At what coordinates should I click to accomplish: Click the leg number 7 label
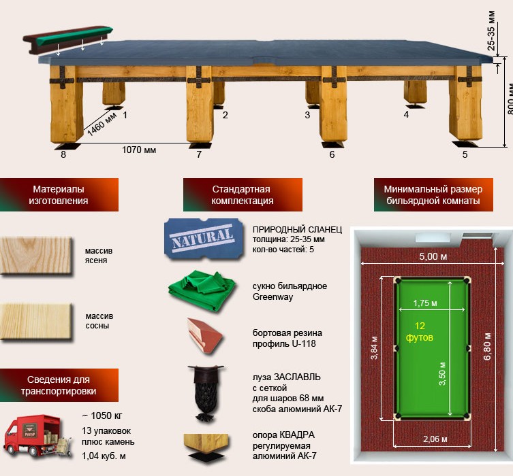[199, 154]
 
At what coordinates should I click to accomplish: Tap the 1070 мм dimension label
[139, 150]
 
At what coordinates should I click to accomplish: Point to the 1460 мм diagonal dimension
[102, 124]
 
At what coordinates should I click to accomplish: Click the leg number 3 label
[307, 115]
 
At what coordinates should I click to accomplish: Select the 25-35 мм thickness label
[491, 31]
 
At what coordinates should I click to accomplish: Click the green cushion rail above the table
[67, 39]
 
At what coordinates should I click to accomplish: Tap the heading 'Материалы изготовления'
[59, 195]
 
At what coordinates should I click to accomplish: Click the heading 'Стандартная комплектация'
[242, 195]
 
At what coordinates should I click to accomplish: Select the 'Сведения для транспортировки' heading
[59, 386]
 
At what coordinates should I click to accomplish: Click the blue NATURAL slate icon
[204, 239]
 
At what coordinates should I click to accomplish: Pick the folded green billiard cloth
[203, 290]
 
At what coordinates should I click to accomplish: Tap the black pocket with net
[206, 394]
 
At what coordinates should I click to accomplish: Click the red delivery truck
[37, 436]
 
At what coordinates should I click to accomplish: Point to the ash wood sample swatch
[36, 255]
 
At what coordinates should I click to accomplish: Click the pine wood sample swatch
[36, 322]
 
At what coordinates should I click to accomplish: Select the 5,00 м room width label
[433, 256]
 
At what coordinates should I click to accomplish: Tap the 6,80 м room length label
[487, 346]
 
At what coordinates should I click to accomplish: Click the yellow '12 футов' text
[420, 331]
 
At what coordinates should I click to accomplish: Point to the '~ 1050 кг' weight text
[102, 415]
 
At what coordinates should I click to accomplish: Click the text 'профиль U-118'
[284, 344]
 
